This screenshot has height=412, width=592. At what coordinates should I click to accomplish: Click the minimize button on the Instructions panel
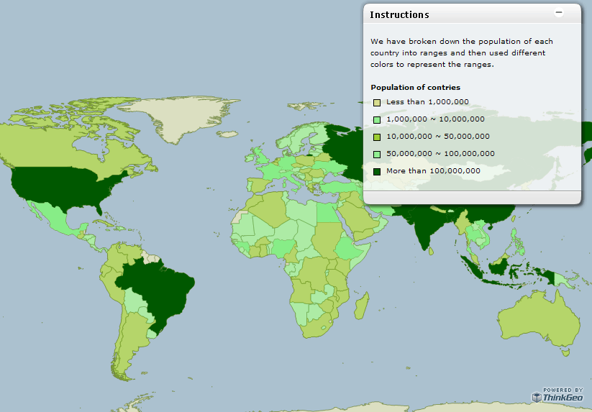559,14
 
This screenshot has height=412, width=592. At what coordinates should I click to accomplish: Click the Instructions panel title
399,14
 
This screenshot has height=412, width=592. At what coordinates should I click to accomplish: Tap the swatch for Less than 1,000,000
377,103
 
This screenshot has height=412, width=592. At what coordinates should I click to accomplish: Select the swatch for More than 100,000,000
377,171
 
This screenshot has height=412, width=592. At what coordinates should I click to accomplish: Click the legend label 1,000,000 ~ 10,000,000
435,119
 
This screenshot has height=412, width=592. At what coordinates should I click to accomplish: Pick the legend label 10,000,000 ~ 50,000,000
437,137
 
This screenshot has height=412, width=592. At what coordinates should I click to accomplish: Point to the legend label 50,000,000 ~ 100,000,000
440,154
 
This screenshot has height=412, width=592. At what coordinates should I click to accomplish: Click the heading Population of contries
415,88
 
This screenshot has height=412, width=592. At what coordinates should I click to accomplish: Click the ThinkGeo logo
557,397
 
